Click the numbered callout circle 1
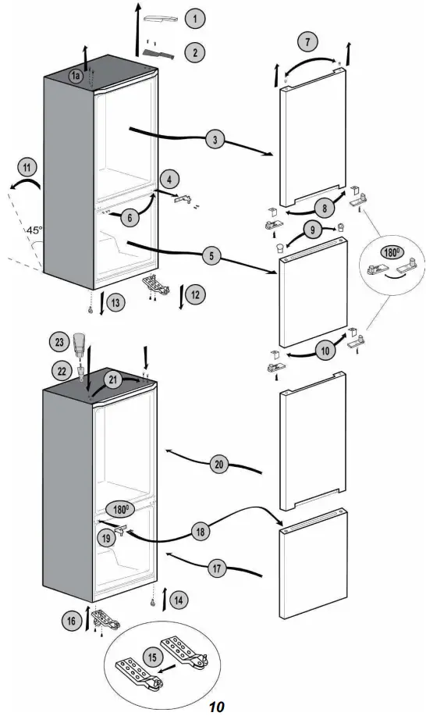click(193, 17)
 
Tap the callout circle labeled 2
click(193, 52)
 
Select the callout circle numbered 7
click(308, 40)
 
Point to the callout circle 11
click(28, 167)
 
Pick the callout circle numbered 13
click(115, 302)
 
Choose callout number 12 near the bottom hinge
click(196, 294)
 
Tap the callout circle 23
click(59, 341)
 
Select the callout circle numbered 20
click(218, 464)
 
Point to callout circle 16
click(72, 621)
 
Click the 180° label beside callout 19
click(119, 508)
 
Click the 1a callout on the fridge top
click(76, 76)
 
